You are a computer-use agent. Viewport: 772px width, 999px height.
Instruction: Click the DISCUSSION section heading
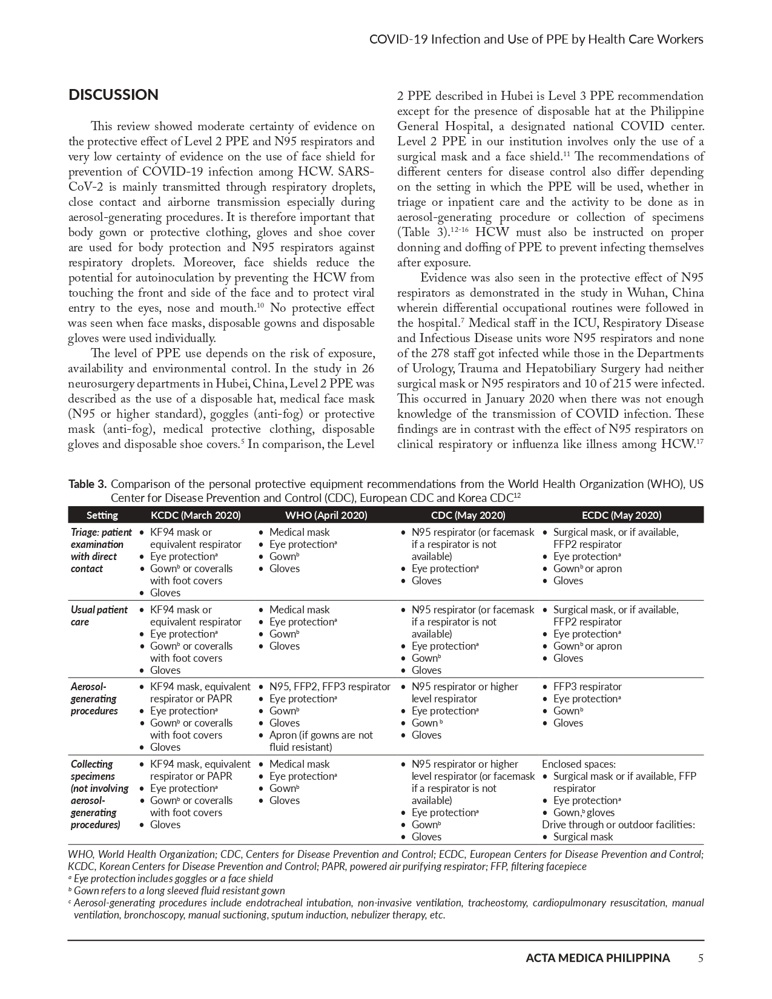113,95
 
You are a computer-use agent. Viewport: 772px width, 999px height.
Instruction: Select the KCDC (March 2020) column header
196,515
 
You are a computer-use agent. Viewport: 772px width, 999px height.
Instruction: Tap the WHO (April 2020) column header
326,515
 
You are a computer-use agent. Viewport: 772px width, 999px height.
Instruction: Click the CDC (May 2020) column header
468,515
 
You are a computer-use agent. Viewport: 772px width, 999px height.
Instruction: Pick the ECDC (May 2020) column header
621,515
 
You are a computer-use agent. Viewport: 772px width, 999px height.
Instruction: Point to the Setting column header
102,515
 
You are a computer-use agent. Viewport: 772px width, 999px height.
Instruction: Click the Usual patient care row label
99,616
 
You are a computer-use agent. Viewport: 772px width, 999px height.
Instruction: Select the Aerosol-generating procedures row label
94,699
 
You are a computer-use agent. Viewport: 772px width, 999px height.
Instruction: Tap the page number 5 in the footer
700,958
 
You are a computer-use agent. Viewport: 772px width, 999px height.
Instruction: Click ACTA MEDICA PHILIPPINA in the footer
598,958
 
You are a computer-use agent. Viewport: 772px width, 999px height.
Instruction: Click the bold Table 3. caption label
88,484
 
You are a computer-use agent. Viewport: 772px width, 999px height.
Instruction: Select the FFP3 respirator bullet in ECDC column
587,687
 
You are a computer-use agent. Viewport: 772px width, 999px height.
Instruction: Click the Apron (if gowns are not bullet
321,735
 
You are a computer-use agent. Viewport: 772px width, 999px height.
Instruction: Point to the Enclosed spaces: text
578,764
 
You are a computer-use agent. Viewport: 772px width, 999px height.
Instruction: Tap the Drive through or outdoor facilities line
618,825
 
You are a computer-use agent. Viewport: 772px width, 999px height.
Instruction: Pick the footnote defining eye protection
173,879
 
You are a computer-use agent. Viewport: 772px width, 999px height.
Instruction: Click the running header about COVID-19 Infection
536,39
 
